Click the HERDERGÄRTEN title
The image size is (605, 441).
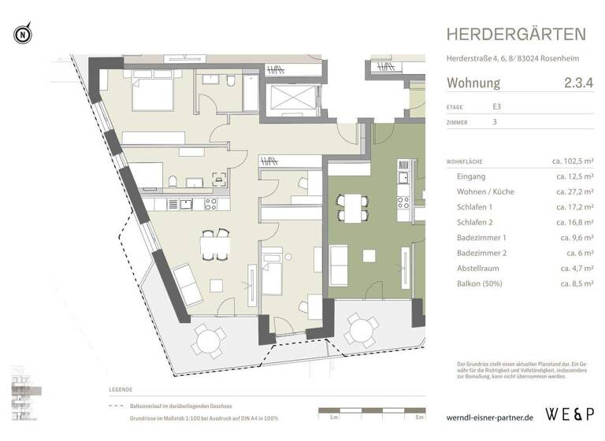[x=516, y=34]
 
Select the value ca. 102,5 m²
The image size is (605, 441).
[x=573, y=161]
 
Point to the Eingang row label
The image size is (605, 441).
[x=471, y=177]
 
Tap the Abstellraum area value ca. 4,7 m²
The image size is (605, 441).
[x=577, y=268]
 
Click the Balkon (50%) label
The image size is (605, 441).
[x=483, y=283]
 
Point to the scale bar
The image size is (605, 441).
[x=370, y=411]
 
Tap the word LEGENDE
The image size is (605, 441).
[x=123, y=390]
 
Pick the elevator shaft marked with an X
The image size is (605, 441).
[x=291, y=99]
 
